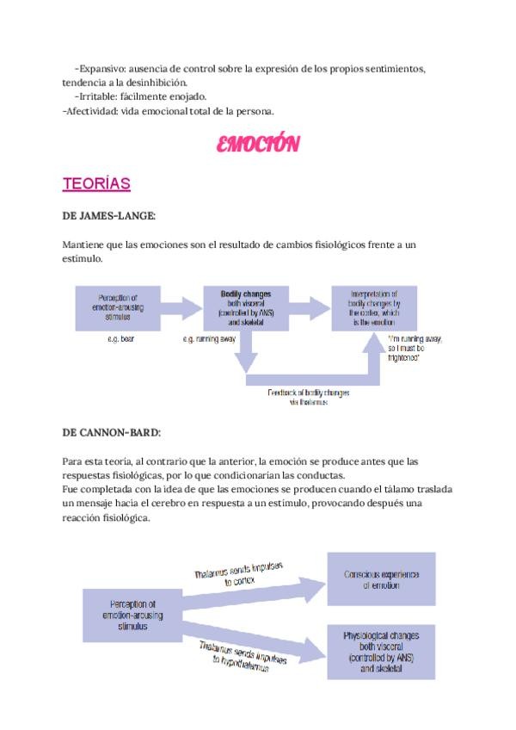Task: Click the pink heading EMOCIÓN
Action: click(x=257, y=145)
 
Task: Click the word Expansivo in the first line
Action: click(x=105, y=69)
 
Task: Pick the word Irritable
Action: click(x=97, y=96)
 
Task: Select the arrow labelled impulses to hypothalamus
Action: click(x=249, y=652)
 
